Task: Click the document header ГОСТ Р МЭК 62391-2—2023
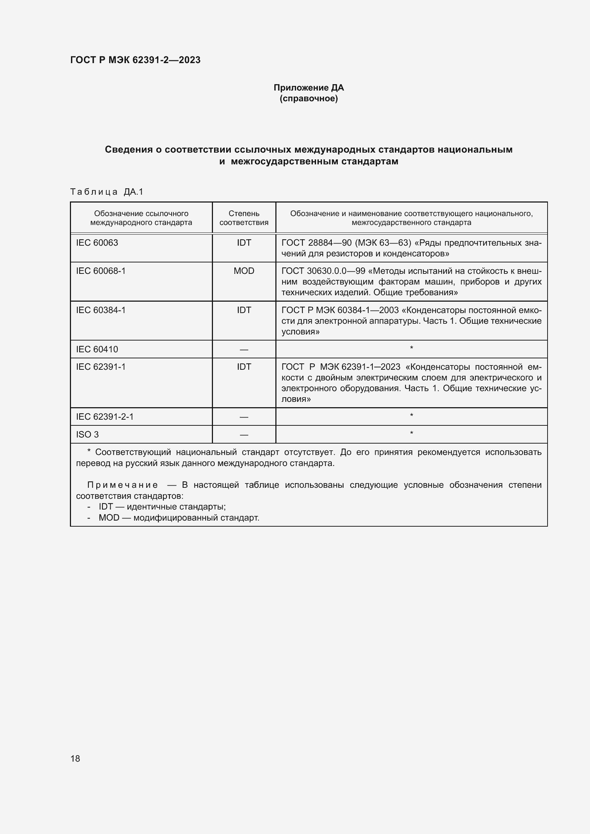135,60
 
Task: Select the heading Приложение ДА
309,88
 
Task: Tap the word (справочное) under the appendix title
309,99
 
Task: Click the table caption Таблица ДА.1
106,192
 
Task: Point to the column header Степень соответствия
244,218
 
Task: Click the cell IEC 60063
97,243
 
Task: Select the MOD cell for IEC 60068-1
244,271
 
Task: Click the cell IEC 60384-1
101,310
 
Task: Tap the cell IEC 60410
97,349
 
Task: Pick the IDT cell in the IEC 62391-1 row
244,367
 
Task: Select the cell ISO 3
87,435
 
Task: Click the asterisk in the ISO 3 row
411,433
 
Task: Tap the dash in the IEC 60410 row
244,350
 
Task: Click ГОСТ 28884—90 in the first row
316,243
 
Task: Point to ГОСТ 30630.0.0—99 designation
323,271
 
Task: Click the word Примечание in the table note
122,485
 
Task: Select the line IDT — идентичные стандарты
162,507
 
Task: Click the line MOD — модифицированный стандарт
179,518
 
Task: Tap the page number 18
75,759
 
